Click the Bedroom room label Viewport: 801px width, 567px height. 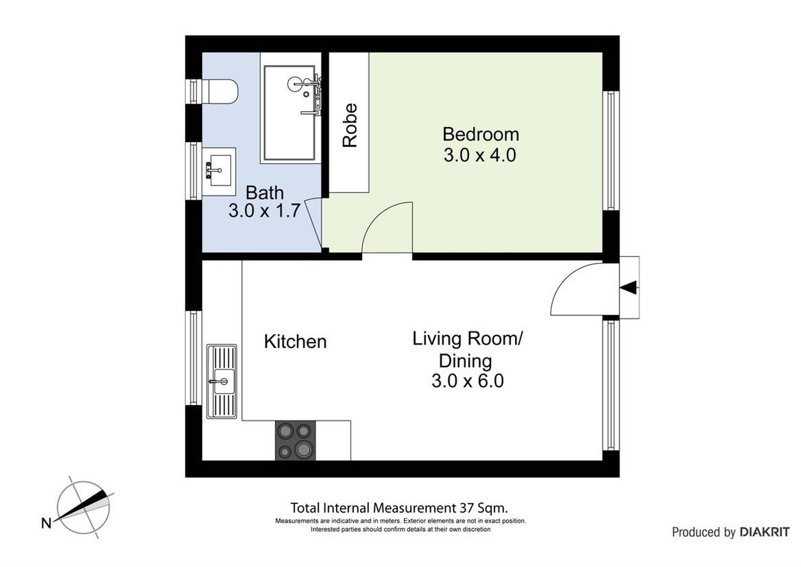point(481,134)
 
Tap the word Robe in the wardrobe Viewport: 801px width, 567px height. point(350,125)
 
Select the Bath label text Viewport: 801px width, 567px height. point(264,193)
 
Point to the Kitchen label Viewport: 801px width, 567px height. point(295,341)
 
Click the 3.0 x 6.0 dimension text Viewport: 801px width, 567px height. point(467,381)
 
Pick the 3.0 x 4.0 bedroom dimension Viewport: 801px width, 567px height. point(480,155)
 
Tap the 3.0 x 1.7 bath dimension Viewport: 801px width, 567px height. point(264,211)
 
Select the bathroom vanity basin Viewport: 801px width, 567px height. point(219,171)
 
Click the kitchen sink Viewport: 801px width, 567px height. point(222,381)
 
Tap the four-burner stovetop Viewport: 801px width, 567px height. point(295,440)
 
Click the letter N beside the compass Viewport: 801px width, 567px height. point(46,523)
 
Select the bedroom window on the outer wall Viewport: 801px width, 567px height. point(610,150)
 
